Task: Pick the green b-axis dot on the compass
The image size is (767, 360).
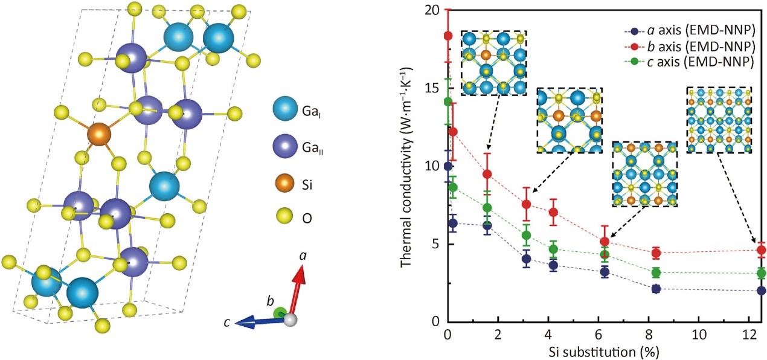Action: pos(279,312)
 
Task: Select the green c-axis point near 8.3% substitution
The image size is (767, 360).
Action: pos(656,272)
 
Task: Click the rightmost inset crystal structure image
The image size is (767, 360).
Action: pos(719,120)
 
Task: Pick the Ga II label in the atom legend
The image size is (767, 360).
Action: pos(310,146)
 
